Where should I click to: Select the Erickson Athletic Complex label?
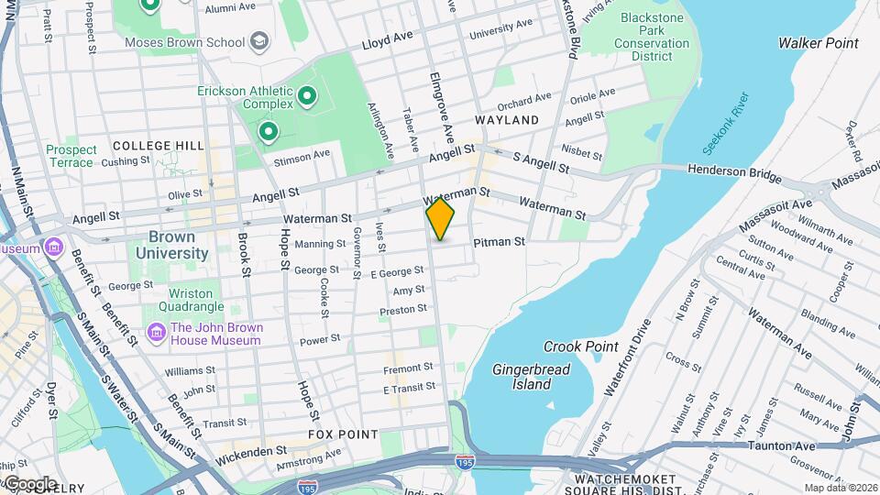pyautogui.click(x=245, y=97)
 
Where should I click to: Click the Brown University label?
pyautogui.click(x=171, y=245)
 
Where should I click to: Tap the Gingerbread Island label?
pyautogui.click(x=532, y=377)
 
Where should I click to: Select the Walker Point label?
pyautogui.click(x=818, y=43)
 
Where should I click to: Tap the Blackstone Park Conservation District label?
pyautogui.click(x=652, y=37)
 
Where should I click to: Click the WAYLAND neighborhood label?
pyautogui.click(x=507, y=120)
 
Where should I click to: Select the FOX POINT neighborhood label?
pyautogui.click(x=343, y=434)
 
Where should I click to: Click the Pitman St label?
pyautogui.click(x=499, y=242)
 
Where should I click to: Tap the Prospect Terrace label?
pyautogui.click(x=71, y=156)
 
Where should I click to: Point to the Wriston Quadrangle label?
pyautogui.click(x=191, y=300)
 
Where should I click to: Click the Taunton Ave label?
pyautogui.click(x=782, y=445)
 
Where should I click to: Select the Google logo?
pyautogui.click(x=29, y=483)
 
